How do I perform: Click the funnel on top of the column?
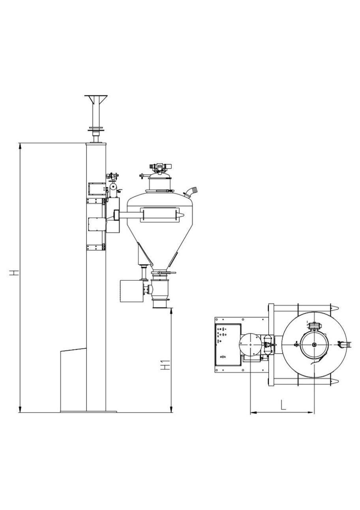(x=96, y=100)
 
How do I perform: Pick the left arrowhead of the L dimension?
(x=253, y=412)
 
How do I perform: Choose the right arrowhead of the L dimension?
(x=311, y=412)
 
